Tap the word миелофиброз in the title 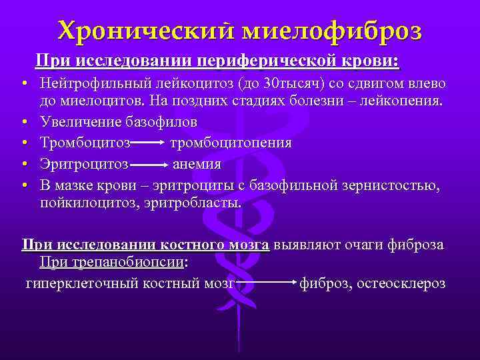coord(331,30)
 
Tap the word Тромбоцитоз coord(84,143)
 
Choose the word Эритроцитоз coord(84,163)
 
